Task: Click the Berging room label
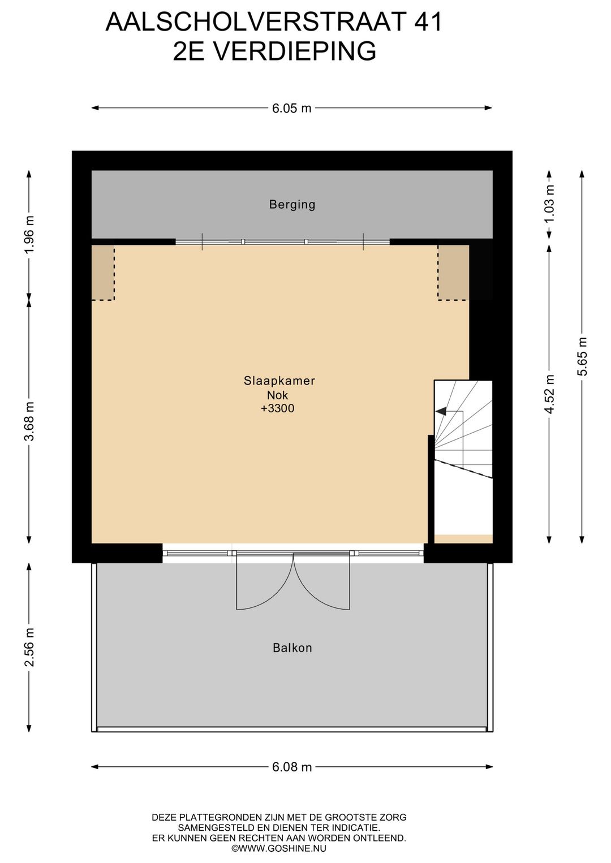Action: (x=292, y=204)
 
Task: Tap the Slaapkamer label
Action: (x=279, y=381)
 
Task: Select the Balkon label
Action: (x=292, y=648)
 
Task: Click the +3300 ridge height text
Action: (x=277, y=408)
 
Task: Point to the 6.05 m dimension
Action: (x=291, y=108)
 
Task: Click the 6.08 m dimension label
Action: (x=292, y=767)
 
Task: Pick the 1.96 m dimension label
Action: (x=29, y=234)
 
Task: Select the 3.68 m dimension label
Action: (x=29, y=421)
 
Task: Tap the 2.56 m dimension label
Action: (x=29, y=647)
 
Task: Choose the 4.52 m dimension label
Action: (x=549, y=394)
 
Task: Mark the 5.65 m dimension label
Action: (x=582, y=356)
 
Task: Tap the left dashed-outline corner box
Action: (x=103, y=272)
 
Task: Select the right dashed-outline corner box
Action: (x=453, y=272)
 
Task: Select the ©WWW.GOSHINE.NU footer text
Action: (x=279, y=848)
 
